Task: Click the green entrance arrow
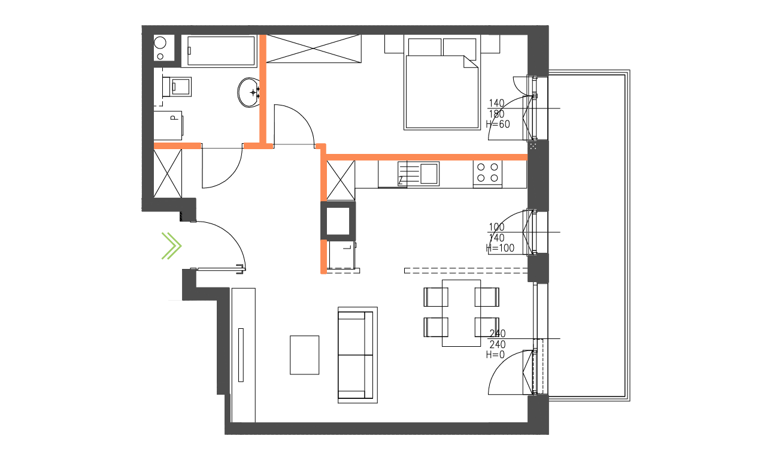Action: pos(171,246)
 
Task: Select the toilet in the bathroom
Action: pos(178,87)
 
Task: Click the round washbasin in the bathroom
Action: pos(249,92)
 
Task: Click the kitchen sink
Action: pos(429,173)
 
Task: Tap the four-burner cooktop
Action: pos(487,173)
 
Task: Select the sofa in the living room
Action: pos(357,355)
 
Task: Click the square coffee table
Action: pos(305,355)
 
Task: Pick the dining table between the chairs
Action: pos(461,313)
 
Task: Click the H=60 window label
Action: pos(498,125)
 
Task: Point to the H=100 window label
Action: pos(501,248)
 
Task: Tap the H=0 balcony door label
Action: pos(496,355)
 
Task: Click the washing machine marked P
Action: pos(169,125)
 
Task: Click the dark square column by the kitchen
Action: pos(338,220)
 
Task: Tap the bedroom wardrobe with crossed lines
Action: pos(313,48)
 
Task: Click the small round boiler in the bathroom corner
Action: pos(160,43)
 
